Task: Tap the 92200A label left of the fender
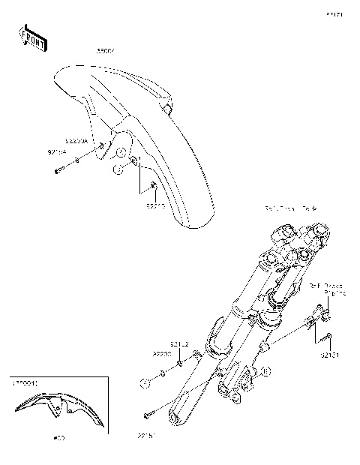tap(76, 140)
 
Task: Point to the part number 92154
tap(57, 151)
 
